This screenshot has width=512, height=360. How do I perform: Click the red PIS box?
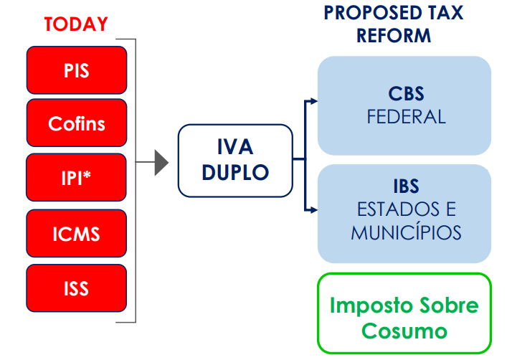click(x=76, y=70)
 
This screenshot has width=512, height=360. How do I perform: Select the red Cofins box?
click(x=76, y=123)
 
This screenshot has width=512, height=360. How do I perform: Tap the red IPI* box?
click(x=76, y=177)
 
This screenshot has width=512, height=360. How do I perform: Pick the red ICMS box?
click(x=76, y=233)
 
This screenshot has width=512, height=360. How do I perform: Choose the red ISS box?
click(x=76, y=288)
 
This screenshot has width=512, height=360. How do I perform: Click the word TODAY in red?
click(x=75, y=24)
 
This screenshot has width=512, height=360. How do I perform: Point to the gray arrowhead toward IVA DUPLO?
click(x=161, y=163)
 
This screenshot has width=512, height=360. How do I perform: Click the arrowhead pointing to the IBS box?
click(x=313, y=210)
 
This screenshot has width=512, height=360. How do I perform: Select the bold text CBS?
click(x=406, y=95)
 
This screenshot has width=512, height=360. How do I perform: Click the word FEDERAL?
click(x=406, y=116)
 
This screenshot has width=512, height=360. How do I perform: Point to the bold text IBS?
click(x=406, y=187)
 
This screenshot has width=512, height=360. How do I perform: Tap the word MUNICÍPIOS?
click(x=406, y=232)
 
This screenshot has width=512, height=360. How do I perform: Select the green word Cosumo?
click(x=404, y=331)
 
